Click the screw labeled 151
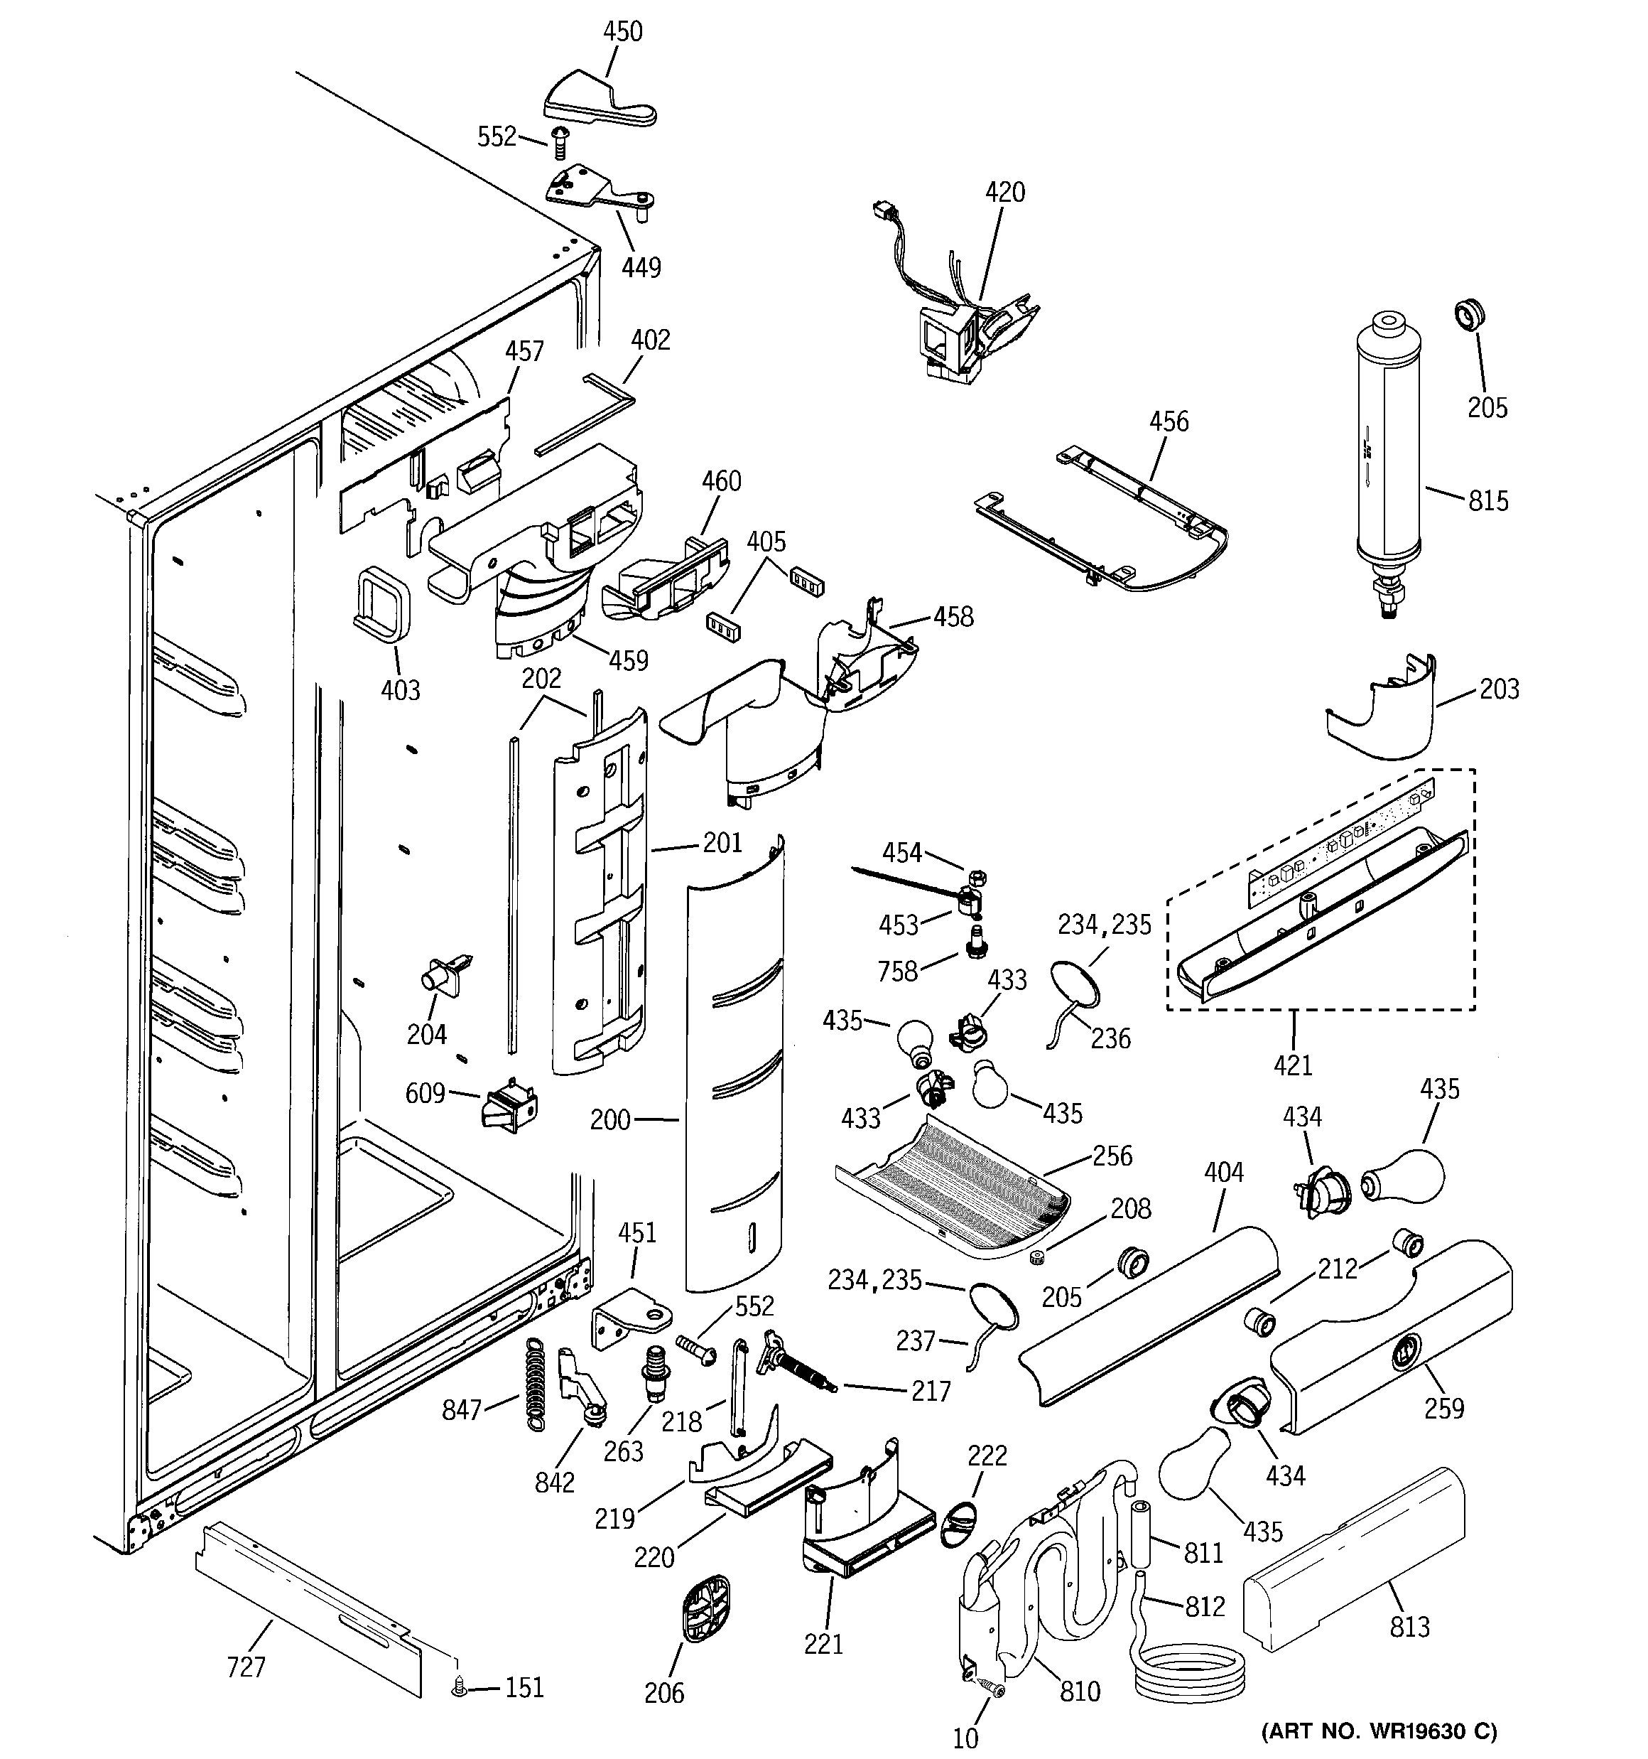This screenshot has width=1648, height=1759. pos(458,1689)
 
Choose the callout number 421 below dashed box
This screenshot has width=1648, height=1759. pos(1292,1065)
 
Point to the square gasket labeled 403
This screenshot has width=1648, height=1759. pos(383,603)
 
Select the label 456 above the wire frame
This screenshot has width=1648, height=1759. pos(1169,421)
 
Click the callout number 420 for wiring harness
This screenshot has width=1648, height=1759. pos(1005,192)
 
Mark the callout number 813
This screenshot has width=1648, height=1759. pos(1409,1626)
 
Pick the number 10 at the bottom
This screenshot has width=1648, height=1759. pos(965,1738)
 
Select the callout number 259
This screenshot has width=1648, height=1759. pos(1443,1408)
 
